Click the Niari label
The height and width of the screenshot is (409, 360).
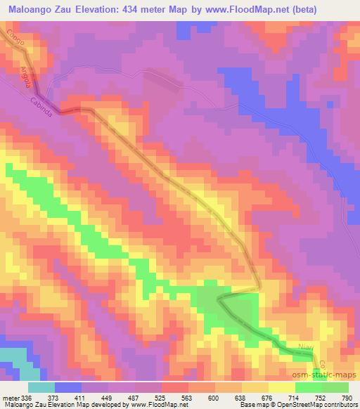tap(304, 345)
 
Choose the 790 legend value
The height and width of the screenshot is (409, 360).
tap(347, 396)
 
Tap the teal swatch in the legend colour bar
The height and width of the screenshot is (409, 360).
tap(41, 387)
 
